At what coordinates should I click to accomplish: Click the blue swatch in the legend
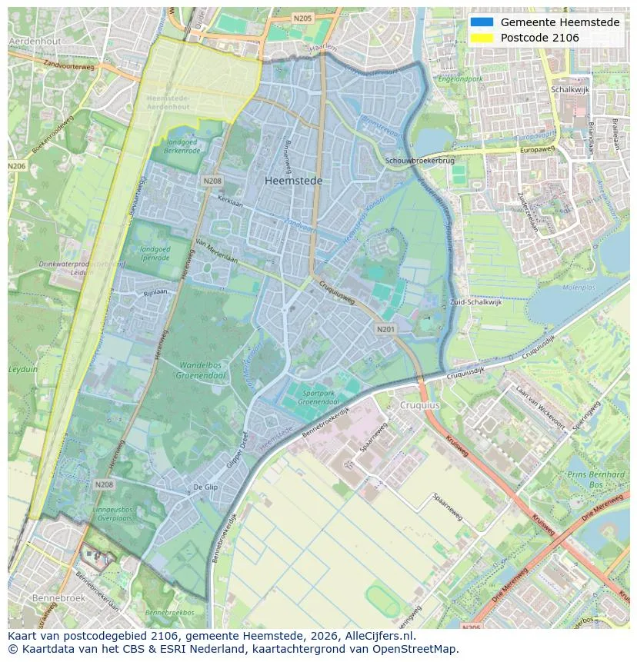coord(482,22)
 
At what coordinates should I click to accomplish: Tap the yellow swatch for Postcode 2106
coord(482,38)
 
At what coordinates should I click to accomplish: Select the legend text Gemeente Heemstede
coord(560,22)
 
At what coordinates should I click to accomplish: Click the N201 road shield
coord(385,328)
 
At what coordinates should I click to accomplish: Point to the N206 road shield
coord(16,166)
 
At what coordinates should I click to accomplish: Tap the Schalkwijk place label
coord(570,89)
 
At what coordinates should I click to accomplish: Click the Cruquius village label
coord(419,404)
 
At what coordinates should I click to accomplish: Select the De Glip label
coord(205,487)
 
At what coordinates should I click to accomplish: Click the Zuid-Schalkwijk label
coord(476,302)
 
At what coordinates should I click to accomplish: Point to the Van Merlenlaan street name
coord(217,251)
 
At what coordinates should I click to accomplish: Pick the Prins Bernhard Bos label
coord(595,480)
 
